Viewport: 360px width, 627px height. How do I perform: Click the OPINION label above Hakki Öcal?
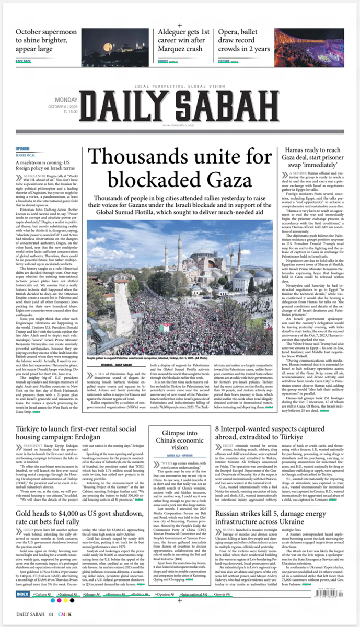(x=22, y=148)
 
